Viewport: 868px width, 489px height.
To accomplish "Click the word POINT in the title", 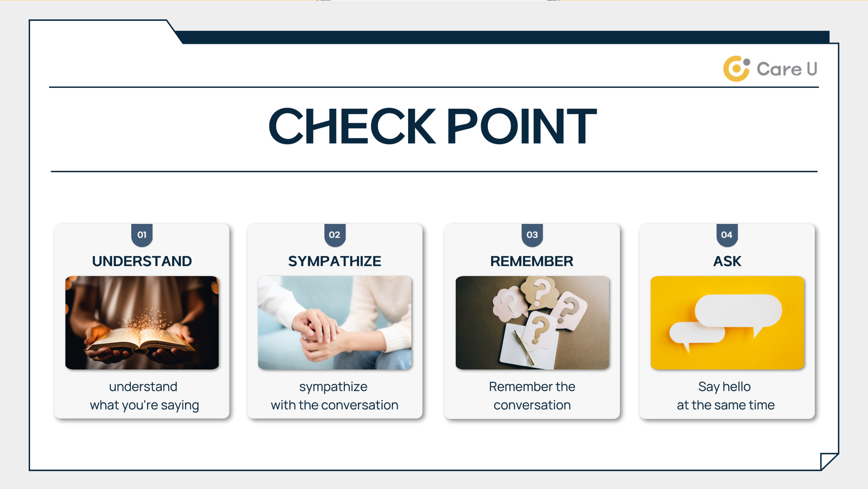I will tap(521, 126).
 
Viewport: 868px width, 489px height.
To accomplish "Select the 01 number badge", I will tap(142, 235).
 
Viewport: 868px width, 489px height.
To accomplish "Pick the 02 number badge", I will tap(334, 235).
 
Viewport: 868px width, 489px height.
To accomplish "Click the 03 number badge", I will tap(532, 235).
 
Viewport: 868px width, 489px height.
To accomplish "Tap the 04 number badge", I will tap(727, 235).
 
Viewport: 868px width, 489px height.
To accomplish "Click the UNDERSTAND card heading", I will tap(142, 261).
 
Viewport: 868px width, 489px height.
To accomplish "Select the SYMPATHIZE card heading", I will tap(334, 261).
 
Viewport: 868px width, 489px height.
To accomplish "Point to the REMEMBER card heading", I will tap(532, 261).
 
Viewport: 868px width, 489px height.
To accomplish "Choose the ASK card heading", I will tap(727, 261).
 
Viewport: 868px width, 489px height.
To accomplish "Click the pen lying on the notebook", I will tap(524, 348).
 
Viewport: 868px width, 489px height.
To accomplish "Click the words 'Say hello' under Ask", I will tap(724, 386).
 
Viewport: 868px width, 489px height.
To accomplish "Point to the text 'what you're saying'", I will tap(144, 405).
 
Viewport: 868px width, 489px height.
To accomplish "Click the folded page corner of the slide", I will tap(828, 461).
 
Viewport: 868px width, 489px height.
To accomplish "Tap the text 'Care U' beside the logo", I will tap(787, 69).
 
